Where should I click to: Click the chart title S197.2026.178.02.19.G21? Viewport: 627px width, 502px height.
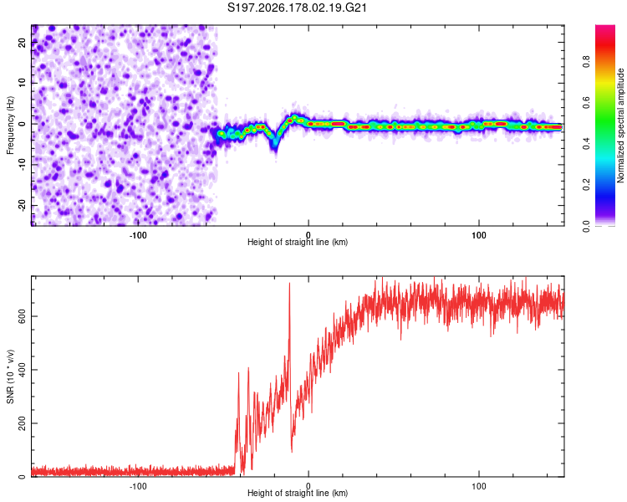tap(297, 8)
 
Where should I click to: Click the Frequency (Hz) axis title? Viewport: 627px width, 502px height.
tap(10, 125)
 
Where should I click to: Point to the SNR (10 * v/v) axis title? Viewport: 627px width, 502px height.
tap(10, 376)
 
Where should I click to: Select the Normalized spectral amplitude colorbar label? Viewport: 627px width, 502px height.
tap(620, 125)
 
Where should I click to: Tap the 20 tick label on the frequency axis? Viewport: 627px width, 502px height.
tap(22, 42)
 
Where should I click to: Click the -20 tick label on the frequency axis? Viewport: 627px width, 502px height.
tap(22, 205)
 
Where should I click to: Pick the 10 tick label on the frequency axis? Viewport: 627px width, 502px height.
tap(22, 83)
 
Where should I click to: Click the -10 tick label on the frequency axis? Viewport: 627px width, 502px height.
tap(22, 165)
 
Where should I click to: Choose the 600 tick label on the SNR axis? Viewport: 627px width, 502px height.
tap(22, 316)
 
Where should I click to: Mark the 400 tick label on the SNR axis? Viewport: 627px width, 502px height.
tap(22, 370)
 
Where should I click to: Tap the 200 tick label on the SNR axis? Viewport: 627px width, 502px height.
tap(22, 423)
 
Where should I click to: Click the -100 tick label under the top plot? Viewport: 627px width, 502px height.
tap(138, 235)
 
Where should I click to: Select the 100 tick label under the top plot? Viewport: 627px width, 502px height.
tap(479, 235)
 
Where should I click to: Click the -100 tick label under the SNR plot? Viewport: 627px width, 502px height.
tap(138, 486)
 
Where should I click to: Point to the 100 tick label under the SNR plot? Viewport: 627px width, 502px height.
tap(479, 486)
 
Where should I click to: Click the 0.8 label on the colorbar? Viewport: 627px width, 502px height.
tap(586, 62)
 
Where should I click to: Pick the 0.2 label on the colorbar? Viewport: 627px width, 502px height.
tap(586, 185)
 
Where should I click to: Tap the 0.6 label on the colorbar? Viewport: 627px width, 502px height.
tap(586, 102)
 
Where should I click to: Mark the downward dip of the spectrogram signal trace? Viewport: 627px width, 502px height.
tap(275, 144)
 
